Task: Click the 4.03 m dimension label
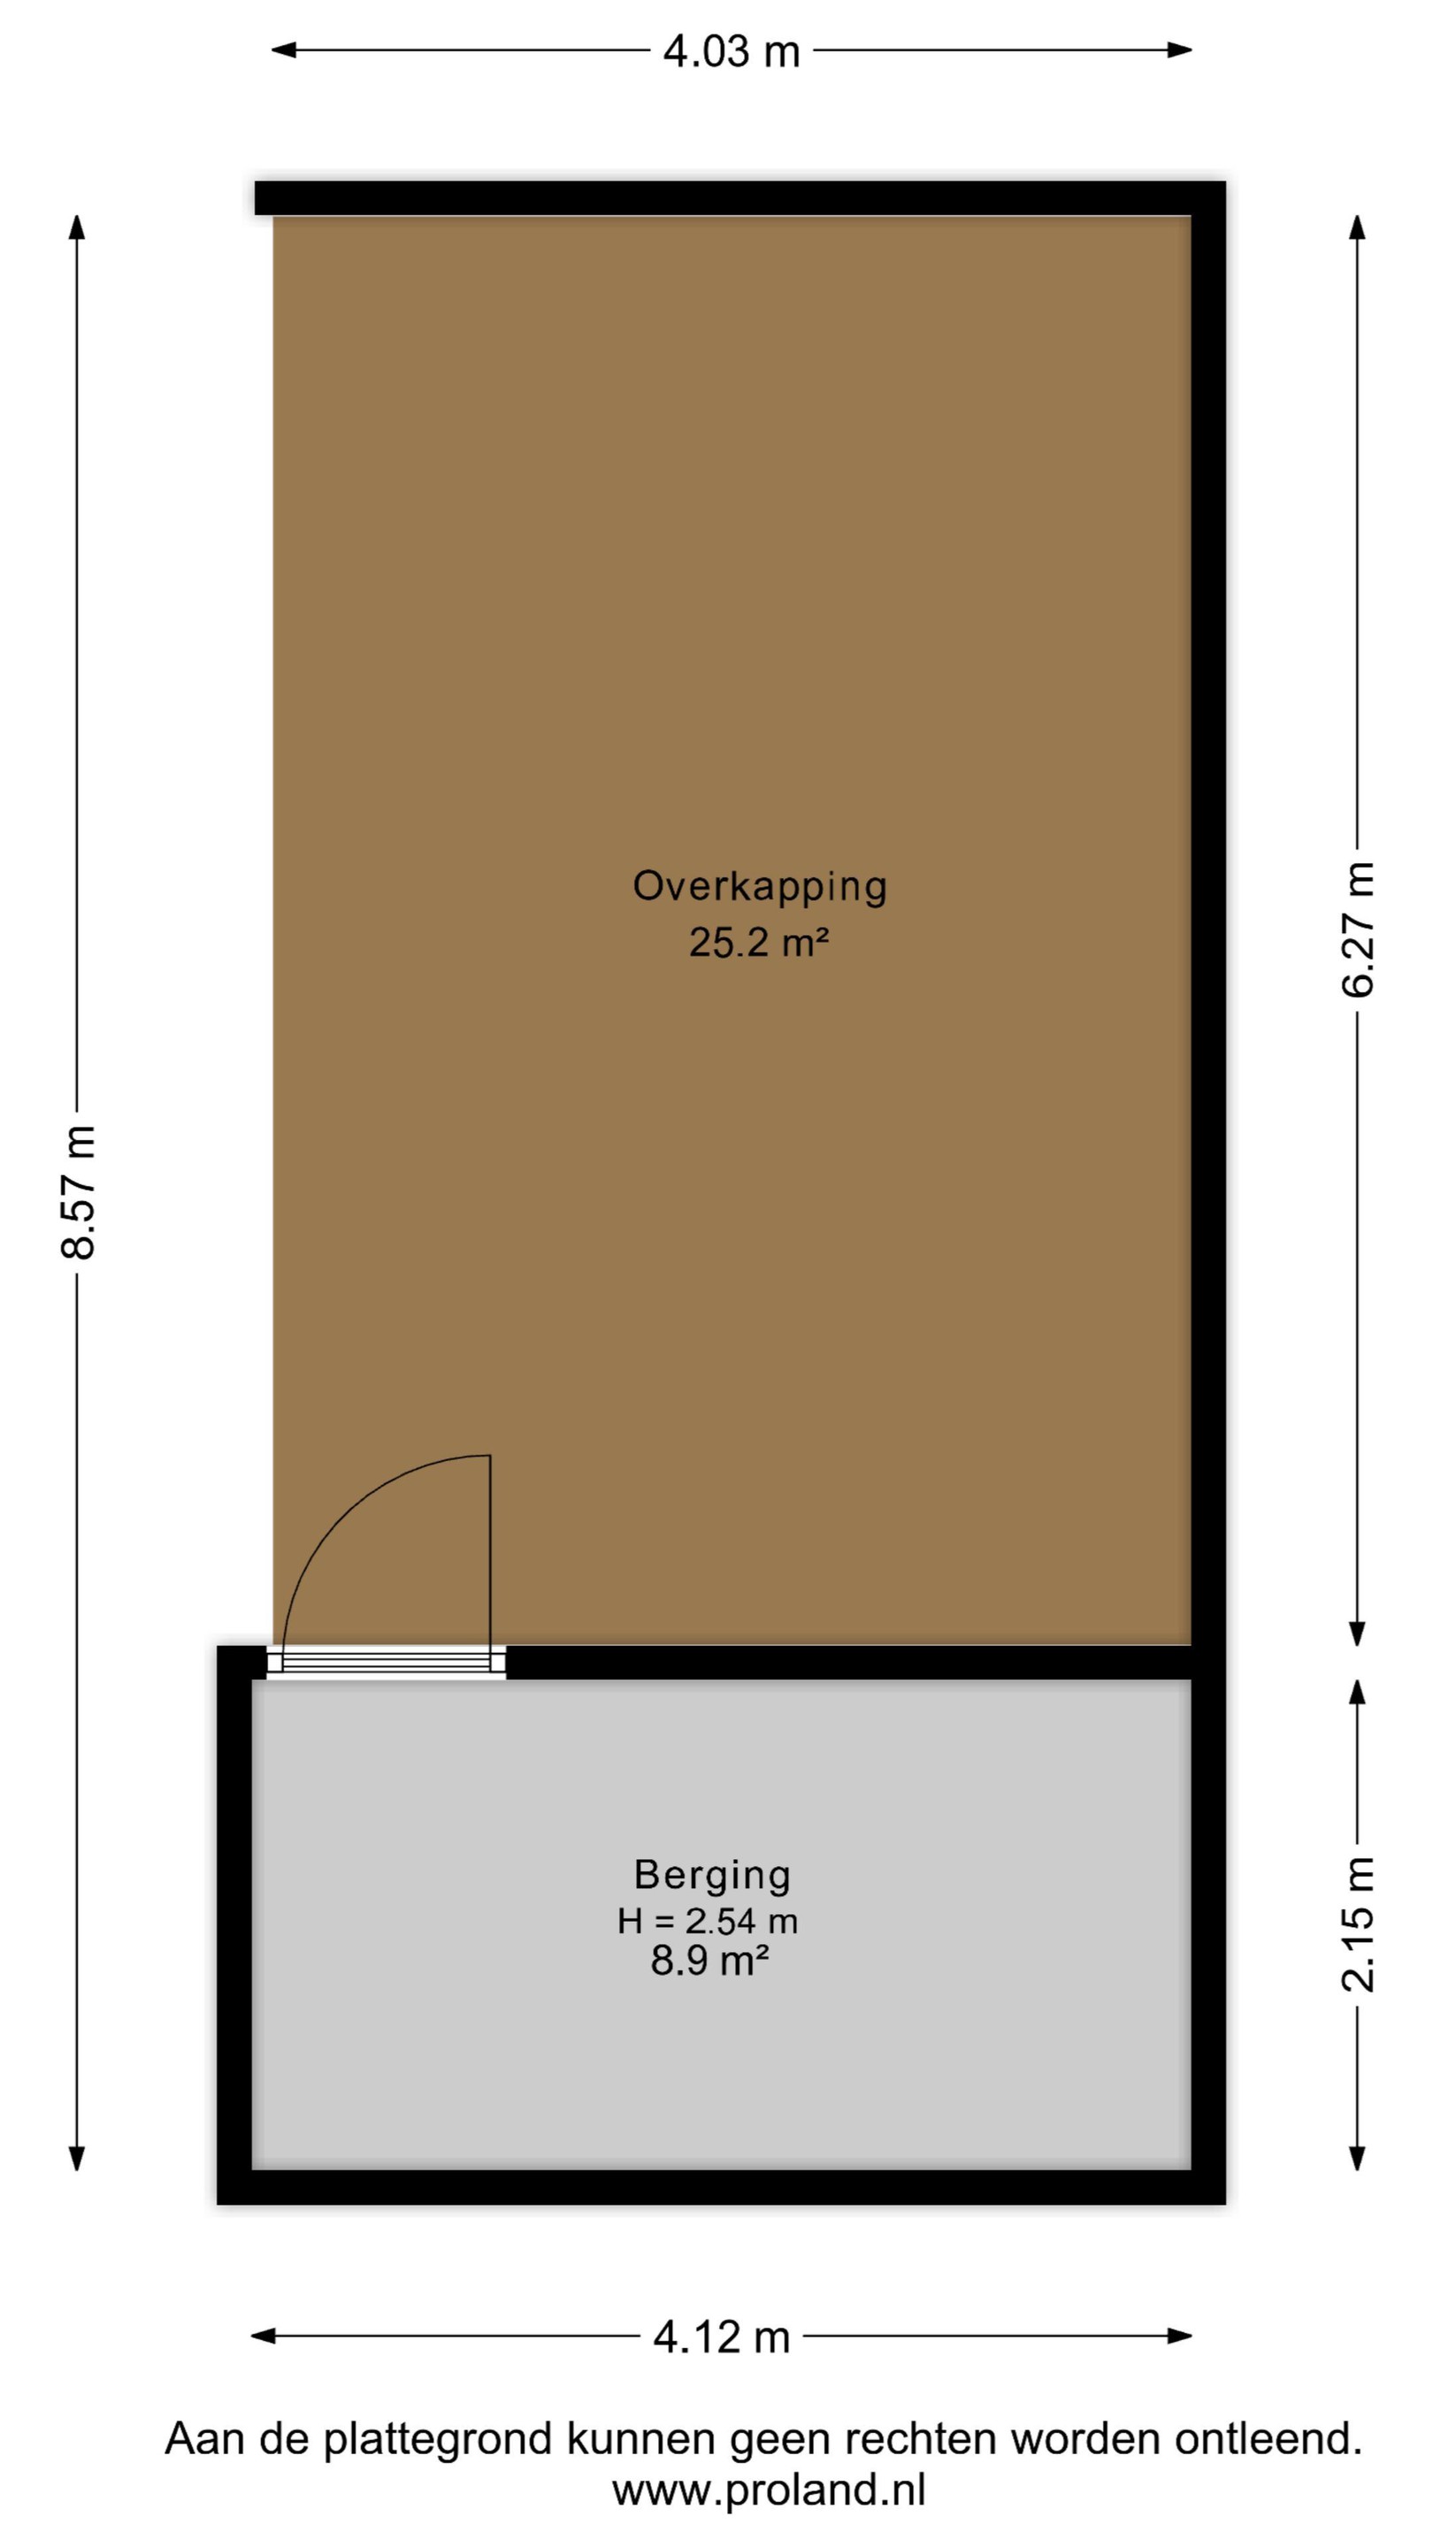click(731, 51)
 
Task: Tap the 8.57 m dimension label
click(78, 1191)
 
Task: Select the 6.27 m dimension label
click(1358, 929)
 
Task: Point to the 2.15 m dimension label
click(1358, 1924)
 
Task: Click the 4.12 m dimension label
click(722, 2337)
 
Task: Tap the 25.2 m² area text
click(759, 942)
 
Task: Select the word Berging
click(712, 1876)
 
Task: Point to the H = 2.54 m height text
click(708, 1921)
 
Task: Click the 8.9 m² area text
click(710, 1960)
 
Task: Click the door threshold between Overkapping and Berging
click(386, 1662)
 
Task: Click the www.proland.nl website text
click(769, 2489)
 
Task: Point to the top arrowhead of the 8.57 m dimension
click(77, 226)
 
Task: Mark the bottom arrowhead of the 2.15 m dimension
click(1358, 2159)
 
